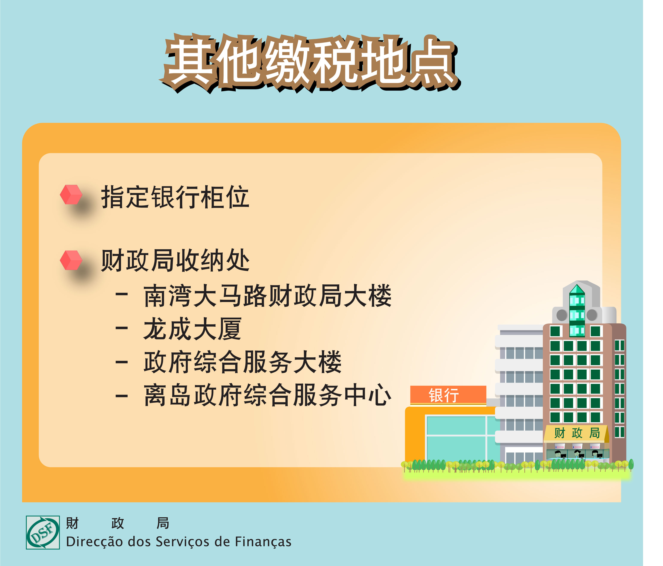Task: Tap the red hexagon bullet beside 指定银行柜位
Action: (71, 194)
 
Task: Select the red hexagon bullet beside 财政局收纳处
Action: (71, 260)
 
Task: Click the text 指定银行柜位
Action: (175, 197)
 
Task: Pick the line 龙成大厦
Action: (192, 329)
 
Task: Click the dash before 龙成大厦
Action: (122, 328)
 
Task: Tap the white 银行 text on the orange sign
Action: (444, 395)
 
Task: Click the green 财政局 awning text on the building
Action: (577, 433)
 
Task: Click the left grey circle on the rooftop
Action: (562, 315)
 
